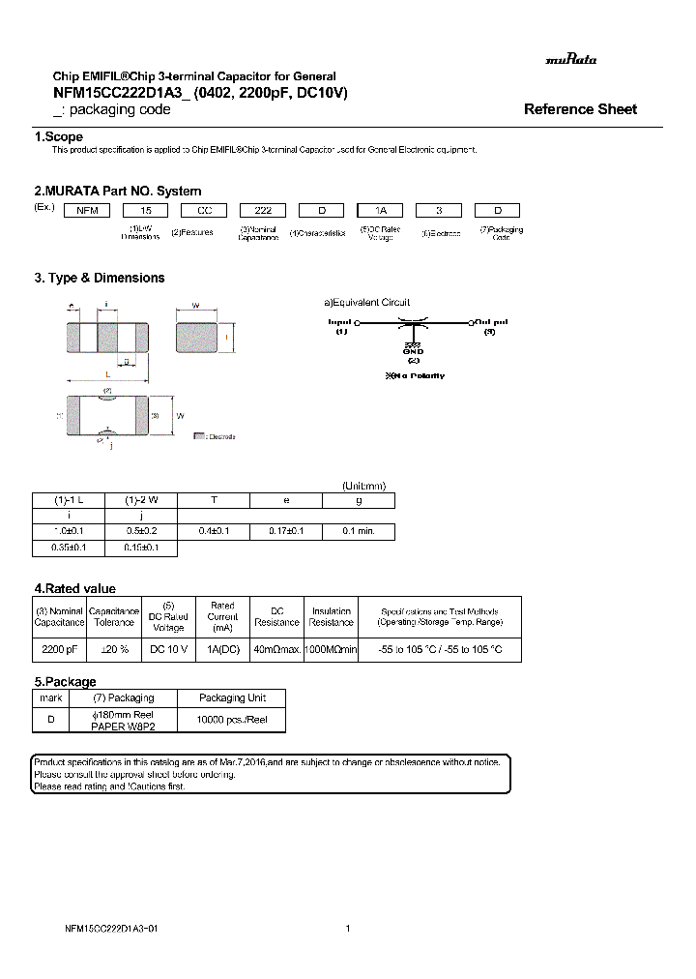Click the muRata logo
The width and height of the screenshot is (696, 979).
point(571,59)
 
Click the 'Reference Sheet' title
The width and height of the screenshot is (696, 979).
point(580,109)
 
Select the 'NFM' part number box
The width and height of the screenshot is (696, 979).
point(87,210)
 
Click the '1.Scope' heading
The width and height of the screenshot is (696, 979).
point(59,137)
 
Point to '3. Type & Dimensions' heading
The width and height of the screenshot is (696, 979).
point(100,278)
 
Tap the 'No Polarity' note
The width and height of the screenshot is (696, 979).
point(416,375)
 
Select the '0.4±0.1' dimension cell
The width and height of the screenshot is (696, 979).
point(214,531)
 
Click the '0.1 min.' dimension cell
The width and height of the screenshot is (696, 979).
point(359,531)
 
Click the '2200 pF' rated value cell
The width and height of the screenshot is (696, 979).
point(60,649)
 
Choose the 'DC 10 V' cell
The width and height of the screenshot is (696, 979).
point(168,649)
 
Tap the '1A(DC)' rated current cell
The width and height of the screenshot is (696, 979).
point(222,649)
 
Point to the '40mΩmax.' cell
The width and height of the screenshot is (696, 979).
point(277,649)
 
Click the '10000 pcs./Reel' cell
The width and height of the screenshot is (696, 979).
point(232,721)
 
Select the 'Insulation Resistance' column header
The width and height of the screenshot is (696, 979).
point(331,616)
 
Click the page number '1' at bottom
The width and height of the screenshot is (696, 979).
point(347,929)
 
